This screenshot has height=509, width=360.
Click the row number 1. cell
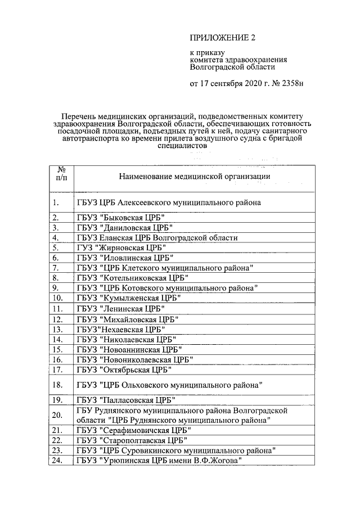coord(55,202)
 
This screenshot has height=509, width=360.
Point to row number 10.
coord(57,298)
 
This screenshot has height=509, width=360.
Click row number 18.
coord(57,385)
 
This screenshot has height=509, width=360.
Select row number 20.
coord(57,415)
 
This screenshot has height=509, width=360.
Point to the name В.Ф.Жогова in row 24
coord(219,461)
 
